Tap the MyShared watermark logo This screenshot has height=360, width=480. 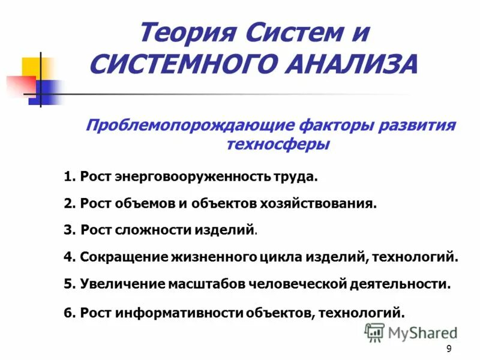(x=412, y=332)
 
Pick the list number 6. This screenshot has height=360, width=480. (x=68, y=312)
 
